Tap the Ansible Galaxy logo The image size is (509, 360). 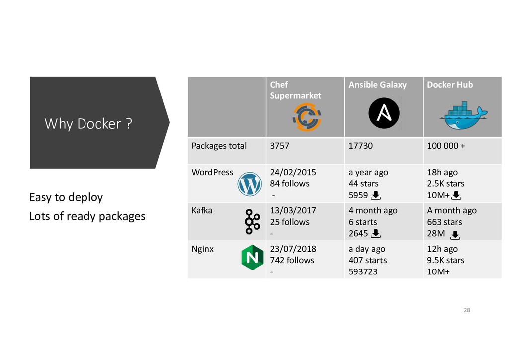pos(384,113)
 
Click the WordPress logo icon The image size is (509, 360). pos(250,184)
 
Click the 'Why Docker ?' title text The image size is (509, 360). pos(88,123)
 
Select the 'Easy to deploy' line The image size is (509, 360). pos(66,197)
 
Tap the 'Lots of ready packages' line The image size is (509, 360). pos(87,216)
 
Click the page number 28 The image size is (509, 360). pos(466,311)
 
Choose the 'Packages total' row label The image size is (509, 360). pos(219,146)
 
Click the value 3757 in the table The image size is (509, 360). pos(280,146)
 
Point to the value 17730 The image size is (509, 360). pos(360,146)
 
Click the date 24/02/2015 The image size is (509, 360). pos(293,173)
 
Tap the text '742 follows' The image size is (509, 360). pos(292,260)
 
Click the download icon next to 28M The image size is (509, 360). pos(456,235)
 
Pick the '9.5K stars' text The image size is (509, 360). pos(446,260)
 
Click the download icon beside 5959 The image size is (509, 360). pos(376,195)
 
